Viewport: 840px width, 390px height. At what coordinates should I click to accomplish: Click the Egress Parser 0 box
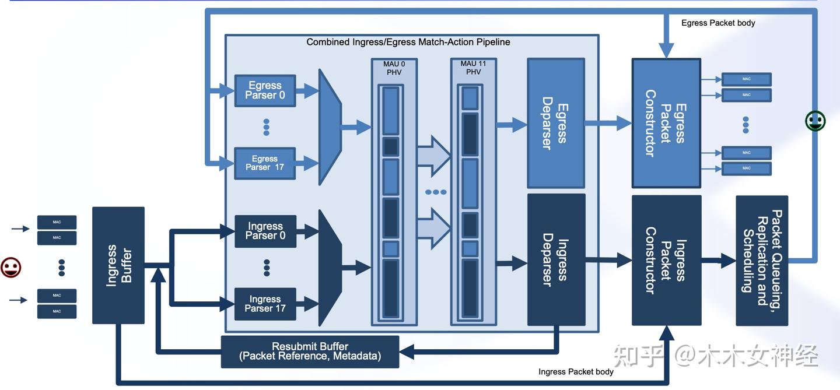click(x=265, y=90)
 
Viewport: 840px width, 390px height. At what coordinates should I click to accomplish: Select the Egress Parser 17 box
click(x=265, y=163)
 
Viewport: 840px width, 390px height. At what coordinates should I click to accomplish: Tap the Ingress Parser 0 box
click(x=265, y=231)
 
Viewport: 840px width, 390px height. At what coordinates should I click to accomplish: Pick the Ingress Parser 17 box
click(x=265, y=304)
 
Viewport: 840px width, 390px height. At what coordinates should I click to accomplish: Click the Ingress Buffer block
click(x=118, y=265)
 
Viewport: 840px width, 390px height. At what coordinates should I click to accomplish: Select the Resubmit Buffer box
click(x=310, y=352)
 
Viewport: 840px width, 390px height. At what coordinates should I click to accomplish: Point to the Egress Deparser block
click(x=555, y=123)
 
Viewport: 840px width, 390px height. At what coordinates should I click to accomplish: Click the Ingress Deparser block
click(x=556, y=259)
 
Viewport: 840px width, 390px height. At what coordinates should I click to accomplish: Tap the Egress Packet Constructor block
click(x=666, y=123)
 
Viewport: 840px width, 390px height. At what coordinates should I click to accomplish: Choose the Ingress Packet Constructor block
click(x=666, y=260)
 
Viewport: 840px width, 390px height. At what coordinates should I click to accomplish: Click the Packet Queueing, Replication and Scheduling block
click(x=762, y=260)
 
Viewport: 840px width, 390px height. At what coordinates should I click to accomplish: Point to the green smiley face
click(x=815, y=121)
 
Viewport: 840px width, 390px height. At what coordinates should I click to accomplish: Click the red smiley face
click(x=11, y=268)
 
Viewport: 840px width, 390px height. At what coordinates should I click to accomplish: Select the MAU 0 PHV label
click(x=394, y=68)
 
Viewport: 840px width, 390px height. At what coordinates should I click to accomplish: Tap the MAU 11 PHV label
click(x=473, y=68)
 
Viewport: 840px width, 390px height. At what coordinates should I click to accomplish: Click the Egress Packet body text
click(x=718, y=23)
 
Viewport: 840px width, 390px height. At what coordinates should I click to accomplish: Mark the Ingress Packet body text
click(x=576, y=371)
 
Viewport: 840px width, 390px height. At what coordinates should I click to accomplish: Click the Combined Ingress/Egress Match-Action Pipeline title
click(x=408, y=42)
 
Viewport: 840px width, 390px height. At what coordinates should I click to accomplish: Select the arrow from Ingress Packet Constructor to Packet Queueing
click(x=719, y=261)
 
